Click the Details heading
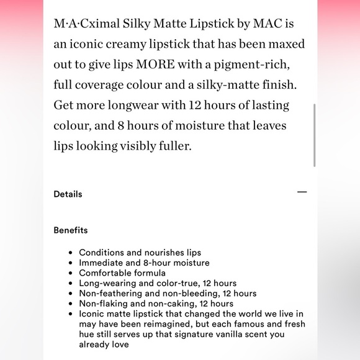[68, 194]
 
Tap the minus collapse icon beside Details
[302, 192]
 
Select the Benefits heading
[71, 230]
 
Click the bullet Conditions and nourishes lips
[140, 253]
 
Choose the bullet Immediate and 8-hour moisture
[144, 263]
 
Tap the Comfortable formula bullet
[122, 273]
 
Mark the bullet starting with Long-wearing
[158, 283]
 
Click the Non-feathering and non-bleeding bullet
[168, 293]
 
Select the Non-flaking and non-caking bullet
[156, 304]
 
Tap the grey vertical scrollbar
[315, 135]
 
